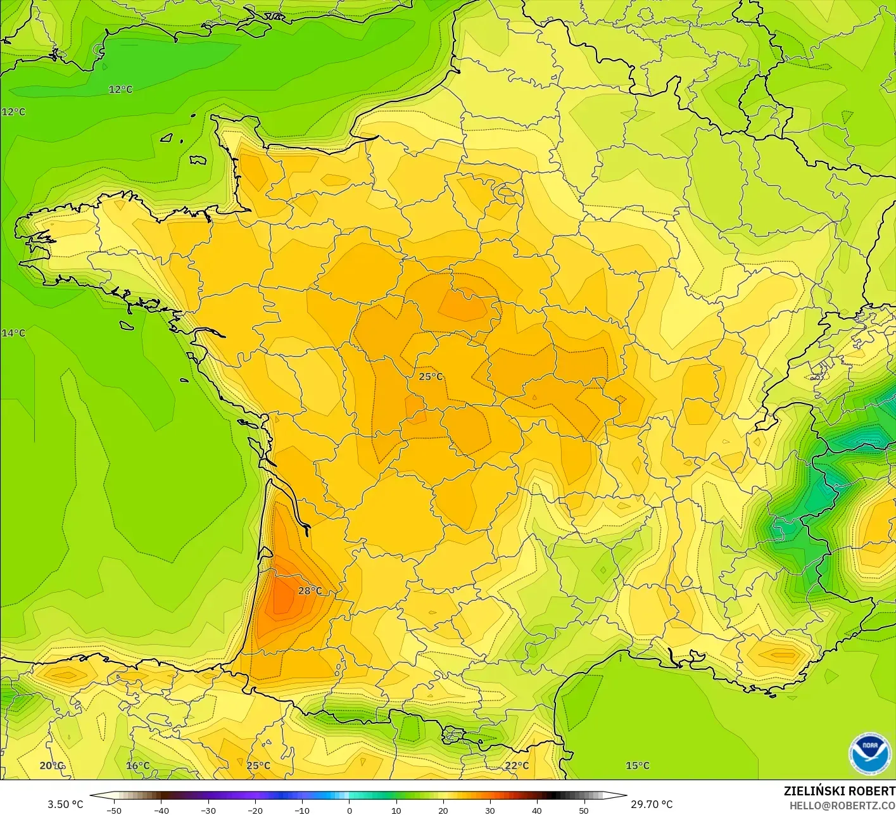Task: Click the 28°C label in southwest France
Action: click(310, 591)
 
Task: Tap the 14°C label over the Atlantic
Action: click(13, 333)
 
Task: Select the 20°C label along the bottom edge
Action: click(51, 766)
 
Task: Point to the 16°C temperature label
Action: click(137, 766)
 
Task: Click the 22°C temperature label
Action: click(517, 766)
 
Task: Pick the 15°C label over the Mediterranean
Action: click(638, 766)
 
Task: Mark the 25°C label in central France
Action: click(431, 377)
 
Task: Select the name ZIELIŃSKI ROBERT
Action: click(839, 791)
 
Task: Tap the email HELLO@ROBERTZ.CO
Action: click(842, 804)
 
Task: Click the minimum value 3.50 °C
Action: click(65, 804)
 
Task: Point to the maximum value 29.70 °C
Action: click(652, 804)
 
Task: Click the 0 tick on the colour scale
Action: click(349, 810)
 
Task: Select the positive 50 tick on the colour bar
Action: click(583, 810)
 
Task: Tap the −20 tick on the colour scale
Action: click(255, 810)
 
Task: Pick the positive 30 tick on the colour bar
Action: click(489, 810)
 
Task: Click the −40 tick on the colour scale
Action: click(161, 810)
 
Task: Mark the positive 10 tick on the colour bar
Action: click(396, 810)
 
